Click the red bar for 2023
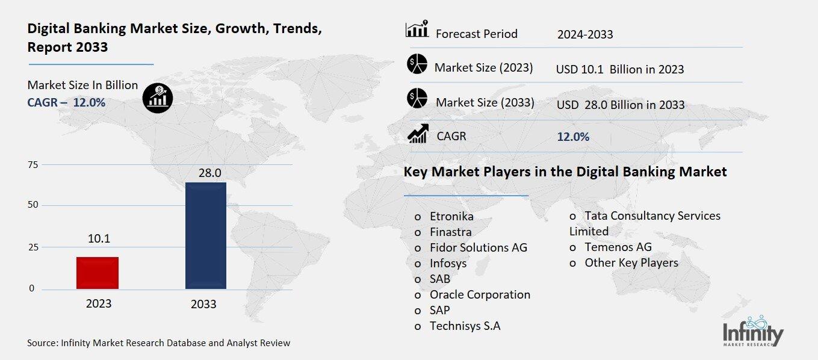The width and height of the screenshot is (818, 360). coord(98,273)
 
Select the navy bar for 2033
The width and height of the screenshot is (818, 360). coord(206,235)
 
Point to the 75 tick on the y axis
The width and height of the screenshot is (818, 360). coord(33,165)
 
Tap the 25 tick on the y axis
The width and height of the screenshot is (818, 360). coord(33,247)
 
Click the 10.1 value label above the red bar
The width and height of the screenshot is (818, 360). coord(99,239)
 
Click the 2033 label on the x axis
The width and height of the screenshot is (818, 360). coord(203,304)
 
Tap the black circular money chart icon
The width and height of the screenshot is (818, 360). coord(158,96)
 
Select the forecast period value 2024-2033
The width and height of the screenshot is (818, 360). coord(585,34)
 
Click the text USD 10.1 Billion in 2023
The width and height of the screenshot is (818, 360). coord(620,69)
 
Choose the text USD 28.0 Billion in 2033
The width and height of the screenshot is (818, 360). coord(621,105)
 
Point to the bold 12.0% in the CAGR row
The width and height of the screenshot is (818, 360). coord(573,137)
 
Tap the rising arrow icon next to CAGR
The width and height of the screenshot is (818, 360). coord(418,134)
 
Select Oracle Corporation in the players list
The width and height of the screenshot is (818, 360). coord(480,294)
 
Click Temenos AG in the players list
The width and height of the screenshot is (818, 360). coord(618,247)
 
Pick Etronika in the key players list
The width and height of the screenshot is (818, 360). coord(451,216)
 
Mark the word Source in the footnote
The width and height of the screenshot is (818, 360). coord(42,343)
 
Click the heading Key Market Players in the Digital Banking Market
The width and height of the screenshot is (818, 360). coord(565,172)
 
